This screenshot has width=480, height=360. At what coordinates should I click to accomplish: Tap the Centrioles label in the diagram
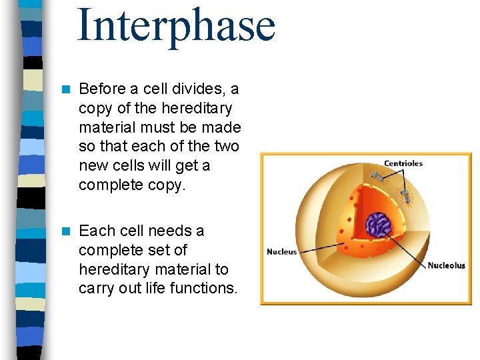tap(403, 163)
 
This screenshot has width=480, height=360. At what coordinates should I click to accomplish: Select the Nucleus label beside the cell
tap(281, 252)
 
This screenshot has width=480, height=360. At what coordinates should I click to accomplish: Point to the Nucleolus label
tap(446, 265)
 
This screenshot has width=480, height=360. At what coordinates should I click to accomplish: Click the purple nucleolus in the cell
tap(377, 225)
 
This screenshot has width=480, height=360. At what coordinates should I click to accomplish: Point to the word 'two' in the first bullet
tap(226, 146)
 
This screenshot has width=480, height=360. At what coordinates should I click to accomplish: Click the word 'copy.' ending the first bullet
tap(165, 184)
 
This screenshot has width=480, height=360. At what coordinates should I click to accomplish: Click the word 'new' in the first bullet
tap(93, 165)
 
